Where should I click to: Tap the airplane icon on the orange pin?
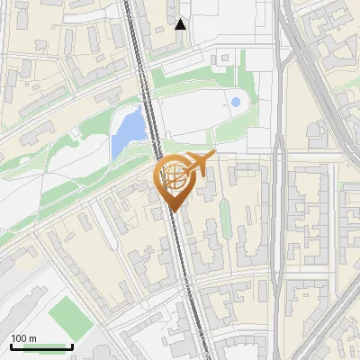point(198,164)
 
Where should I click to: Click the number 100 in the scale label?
point(20,338)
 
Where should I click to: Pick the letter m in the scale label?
point(33,338)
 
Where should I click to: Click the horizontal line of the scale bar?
point(41,346)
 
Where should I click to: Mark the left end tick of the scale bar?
point(11,345)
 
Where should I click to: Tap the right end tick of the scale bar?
point(72,345)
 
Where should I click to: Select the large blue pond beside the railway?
point(128,131)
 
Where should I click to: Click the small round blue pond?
point(236,103)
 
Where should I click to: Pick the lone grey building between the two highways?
point(317,136)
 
